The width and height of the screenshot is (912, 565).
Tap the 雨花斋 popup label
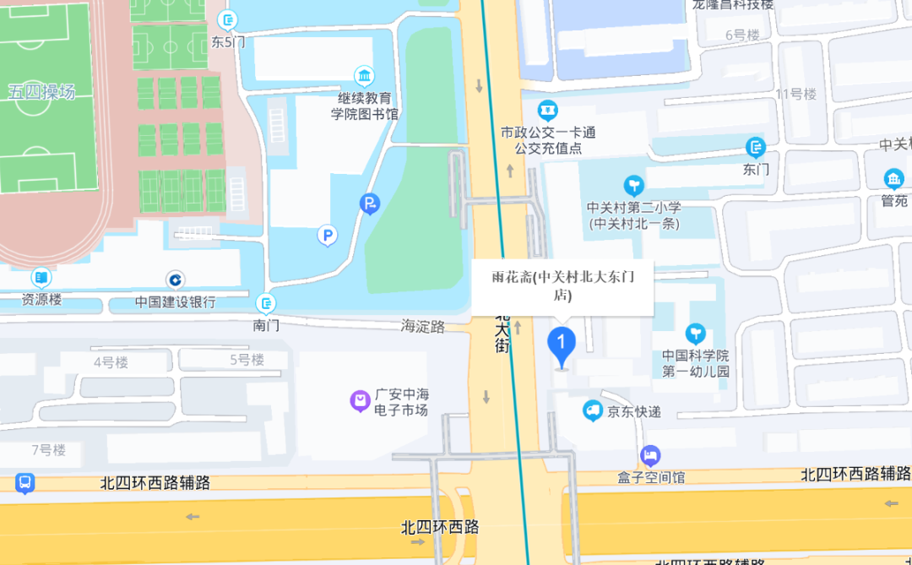click(x=562, y=285)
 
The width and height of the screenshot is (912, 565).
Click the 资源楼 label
click(x=41, y=300)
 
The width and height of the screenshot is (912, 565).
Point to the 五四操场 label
click(x=41, y=92)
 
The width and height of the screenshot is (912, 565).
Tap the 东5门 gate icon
click(x=227, y=20)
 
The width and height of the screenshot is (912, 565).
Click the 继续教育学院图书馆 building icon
click(x=364, y=77)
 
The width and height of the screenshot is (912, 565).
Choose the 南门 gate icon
click(x=266, y=302)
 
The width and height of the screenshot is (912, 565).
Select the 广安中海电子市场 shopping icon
click(x=361, y=400)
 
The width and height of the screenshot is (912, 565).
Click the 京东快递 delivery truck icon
click(x=593, y=411)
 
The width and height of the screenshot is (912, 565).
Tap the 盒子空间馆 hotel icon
click(x=649, y=456)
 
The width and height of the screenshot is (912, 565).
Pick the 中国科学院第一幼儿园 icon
click(x=696, y=334)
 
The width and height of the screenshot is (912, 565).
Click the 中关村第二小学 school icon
click(x=633, y=186)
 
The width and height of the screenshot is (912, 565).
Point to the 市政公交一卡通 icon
click(x=549, y=110)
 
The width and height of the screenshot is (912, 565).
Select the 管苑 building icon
click(x=893, y=179)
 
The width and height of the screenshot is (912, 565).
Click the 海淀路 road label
click(x=423, y=327)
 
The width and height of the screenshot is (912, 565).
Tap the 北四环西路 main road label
click(x=440, y=527)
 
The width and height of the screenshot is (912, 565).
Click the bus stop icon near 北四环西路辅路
click(x=25, y=483)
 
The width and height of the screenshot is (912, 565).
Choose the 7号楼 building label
click(x=48, y=450)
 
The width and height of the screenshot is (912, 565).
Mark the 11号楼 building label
click(x=796, y=94)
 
